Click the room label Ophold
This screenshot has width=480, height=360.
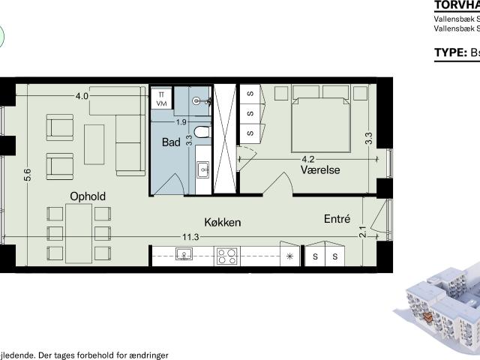click(88, 196)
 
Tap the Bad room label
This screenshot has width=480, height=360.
click(172, 142)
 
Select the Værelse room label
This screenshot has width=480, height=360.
click(320, 170)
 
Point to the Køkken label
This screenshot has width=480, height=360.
click(223, 222)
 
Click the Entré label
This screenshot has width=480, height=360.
click(337, 219)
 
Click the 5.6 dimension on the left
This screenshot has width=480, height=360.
click(28, 175)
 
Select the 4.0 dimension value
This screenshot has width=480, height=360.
click(82, 96)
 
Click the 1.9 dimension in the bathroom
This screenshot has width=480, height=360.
click(181, 121)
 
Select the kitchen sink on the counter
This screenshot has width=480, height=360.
click(184, 255)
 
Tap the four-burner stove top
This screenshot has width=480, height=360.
click(227, 256)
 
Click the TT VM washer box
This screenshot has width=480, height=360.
click(161, 99)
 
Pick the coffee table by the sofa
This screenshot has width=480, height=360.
click(94, 145)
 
